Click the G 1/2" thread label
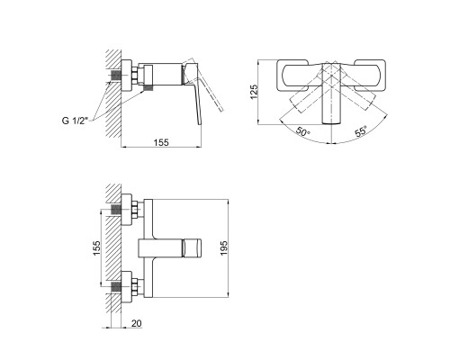click(x=75, y=121)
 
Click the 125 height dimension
click(x=254, y=92)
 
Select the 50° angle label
click(x=302, y=131)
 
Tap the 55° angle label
click(x=361, y=131)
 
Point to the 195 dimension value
click(x=224, y=248)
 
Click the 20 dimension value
click(x=136, y=323)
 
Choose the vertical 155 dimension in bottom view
click(x=96, y=248)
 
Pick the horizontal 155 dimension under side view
click(x=161, y=142)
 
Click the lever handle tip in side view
click(x=199, y=122)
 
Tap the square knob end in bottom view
click(x=192, y=248)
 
